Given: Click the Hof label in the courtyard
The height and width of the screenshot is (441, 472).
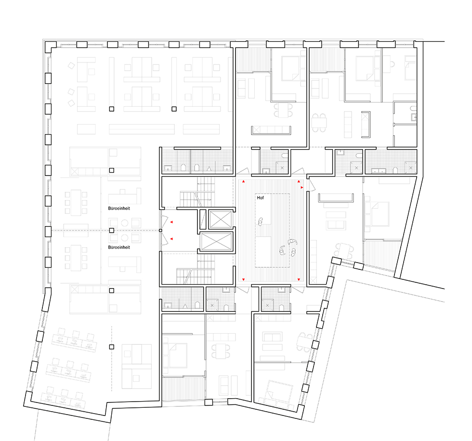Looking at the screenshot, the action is coord(261,198).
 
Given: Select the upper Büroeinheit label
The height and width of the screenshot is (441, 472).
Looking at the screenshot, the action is coord(119,208).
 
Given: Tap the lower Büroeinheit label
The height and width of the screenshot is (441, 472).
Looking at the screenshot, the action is coord(119,247).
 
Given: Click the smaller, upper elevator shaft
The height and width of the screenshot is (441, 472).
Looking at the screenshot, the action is coord(221,219).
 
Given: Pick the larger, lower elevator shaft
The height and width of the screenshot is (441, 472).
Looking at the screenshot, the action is coord(216,241).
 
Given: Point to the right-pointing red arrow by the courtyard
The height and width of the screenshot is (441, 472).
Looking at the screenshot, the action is coord(302,188).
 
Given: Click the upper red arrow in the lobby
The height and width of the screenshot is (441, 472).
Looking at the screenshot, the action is coord(171,222).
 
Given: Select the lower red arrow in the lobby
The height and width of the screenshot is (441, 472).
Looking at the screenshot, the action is coord(171,239).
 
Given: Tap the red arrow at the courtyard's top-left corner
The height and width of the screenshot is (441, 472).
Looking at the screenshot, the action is coord(244,182).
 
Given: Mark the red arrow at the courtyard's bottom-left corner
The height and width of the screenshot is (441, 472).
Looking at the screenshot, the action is coord(244,279).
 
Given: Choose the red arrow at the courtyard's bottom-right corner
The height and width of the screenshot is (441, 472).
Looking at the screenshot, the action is coord(299,279).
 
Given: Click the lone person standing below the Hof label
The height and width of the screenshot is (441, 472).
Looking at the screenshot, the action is coord(261,222).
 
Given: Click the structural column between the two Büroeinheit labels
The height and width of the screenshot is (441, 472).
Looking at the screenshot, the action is coord(112,230).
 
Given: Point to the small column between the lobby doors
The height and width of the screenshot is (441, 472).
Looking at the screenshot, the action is coord(160,230).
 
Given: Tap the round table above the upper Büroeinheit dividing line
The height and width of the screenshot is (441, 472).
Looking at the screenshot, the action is coord(125,223).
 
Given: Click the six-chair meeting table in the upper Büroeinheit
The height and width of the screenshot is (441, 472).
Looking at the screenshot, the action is coord(76,202).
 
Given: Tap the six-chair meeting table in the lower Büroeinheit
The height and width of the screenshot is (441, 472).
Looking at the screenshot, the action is coord(76,258).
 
